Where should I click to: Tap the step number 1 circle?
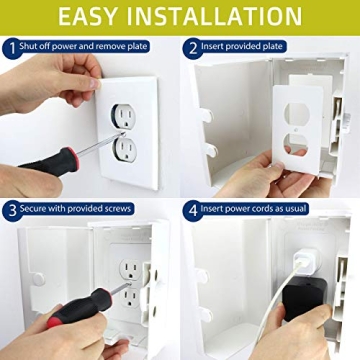10,46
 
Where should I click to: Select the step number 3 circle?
10,210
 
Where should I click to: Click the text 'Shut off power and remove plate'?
92,46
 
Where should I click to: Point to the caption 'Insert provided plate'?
251,46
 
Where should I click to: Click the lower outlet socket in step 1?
126,149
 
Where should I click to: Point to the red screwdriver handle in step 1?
45,161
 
